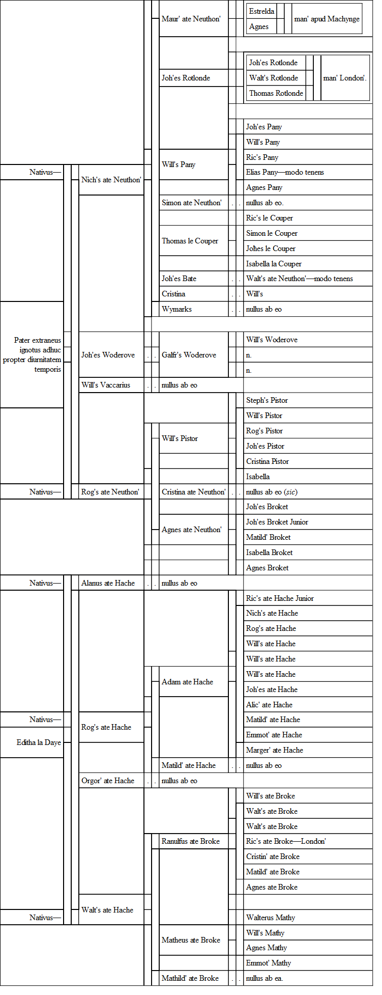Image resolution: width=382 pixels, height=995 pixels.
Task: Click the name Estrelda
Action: (261, 11)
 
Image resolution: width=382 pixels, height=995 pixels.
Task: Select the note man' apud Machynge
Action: (327, 19)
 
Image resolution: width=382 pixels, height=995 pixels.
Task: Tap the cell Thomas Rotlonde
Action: (276, 93)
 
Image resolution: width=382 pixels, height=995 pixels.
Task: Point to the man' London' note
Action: (344, 78)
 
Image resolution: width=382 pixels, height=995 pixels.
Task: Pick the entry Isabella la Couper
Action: (274, 264)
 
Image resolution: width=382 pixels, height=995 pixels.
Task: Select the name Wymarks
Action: (177, 309)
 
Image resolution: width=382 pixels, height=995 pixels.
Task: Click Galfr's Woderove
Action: (189, 355)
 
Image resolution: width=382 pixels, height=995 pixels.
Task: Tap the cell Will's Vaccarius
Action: (106, 385)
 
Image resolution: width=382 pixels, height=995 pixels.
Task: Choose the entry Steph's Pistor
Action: (267, 400)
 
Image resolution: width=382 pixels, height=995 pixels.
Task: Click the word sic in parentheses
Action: (291, 492)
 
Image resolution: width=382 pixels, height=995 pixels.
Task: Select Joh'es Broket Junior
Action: (277, 522)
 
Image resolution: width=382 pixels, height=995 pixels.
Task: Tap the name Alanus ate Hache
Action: (108, 583)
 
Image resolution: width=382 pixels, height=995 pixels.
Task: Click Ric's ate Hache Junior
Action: (280, 598)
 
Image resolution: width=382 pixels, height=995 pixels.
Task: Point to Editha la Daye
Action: (39, 742)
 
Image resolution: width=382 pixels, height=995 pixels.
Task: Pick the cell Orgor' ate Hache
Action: (108, 781)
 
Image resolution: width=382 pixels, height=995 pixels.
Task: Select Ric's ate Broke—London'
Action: (286, 841)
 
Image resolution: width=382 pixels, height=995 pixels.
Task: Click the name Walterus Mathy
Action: (271, 918)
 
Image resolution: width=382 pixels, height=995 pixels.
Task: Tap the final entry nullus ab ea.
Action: (265, 978)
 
